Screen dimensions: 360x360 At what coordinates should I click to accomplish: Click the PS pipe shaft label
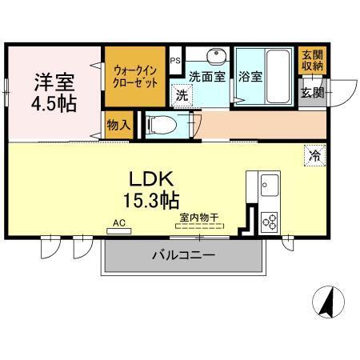(175, 59)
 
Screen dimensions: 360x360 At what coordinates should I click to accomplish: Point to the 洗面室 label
(206, 78)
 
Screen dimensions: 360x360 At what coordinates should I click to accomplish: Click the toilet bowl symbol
(160, 125)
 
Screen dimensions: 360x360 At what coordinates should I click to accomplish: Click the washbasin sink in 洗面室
(215, 58)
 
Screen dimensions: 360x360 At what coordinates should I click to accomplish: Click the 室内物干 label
(201, 217)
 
